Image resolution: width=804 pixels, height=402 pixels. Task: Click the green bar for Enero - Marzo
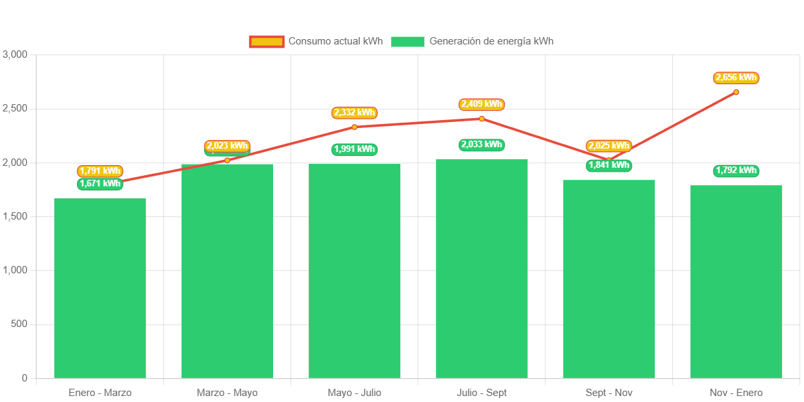(x=100, y=288)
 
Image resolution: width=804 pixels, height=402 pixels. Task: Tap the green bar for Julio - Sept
(x=481, y=269)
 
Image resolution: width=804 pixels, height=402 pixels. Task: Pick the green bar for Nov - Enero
(x=736, y=281)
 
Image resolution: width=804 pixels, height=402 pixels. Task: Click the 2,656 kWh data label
(x=736, y=78)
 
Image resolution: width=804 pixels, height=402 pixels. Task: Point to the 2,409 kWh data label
(x=482, y=104)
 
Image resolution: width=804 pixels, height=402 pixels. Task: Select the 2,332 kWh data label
(x=355, y=113)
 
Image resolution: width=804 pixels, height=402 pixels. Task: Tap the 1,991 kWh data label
(x=355, y=149)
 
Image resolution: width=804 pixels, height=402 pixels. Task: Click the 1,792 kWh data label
(x=736, y=170)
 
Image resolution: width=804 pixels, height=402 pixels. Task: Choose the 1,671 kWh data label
(x=100, y=184)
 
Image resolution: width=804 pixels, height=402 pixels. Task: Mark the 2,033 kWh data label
(x=482, y=145)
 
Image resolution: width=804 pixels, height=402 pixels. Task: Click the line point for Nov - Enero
(x=736, y=92)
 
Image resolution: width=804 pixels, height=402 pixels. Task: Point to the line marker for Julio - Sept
(x=482, y=119)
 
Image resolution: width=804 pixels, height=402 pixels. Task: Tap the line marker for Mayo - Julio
(x=355, y=127)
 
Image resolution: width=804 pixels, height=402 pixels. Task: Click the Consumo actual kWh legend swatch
(x=266, y=42)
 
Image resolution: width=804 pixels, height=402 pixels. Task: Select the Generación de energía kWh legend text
(x=491, y=41)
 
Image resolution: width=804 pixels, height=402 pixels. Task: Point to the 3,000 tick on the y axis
(x=15, y=54)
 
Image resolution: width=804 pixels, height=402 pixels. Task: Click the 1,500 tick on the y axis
(x=15, y=216)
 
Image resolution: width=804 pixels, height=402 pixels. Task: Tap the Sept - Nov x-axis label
(x=608, y=393)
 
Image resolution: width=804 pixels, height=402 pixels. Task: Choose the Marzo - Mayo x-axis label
(x=227, y=393)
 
